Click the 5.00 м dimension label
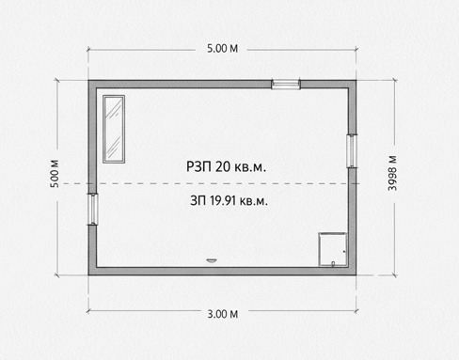[x=222, y=49]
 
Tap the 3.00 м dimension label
[x=223, y=314]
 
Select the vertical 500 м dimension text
[x=55, y=174]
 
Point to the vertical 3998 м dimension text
[x=392, y=173]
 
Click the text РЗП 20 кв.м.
[x=226, y=166]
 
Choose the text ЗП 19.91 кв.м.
[x=229, y=200]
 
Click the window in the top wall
[x=286, y=84]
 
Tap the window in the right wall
[x=352, y=150]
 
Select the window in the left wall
[x=93, y=209]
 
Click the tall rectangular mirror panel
[x=114, y=129]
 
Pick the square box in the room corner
[x=333, y=250]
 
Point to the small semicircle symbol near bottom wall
[x=212, y=260]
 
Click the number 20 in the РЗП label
[x=223, y=166]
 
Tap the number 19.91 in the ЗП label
[x=222, y=200]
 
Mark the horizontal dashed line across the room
[x=210, y=183]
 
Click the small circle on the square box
[x=333, y=263]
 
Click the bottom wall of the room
[x=222, y=271]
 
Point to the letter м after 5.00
[x=234, y=49]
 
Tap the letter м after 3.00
[x=234, y=314]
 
